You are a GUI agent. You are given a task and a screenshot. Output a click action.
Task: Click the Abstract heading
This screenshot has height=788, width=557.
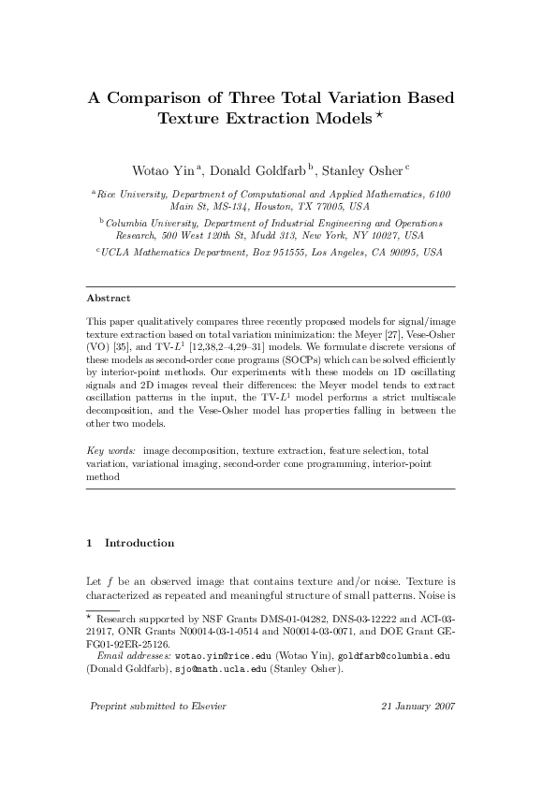point(109,299)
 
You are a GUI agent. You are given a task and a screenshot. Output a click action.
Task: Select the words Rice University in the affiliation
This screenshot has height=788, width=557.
point(132,193)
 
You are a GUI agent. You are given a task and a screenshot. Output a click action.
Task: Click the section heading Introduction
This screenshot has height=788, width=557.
point(139,543)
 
